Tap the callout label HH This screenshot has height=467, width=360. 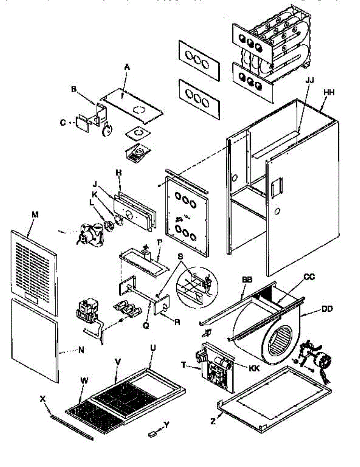[x=329, y=92]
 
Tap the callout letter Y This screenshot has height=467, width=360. [x=167, y=426]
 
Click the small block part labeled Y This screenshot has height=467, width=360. [x=153, y=433]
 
